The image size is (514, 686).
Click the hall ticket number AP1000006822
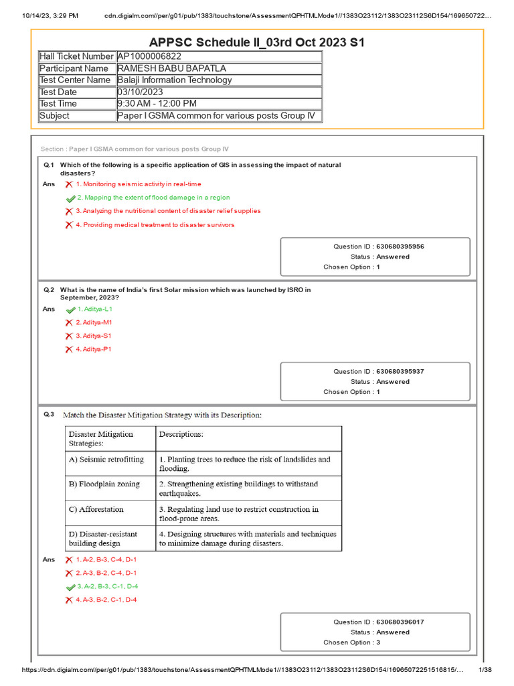pos(149,57)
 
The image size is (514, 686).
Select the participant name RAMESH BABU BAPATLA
pos(171,68)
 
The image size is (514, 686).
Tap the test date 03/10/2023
pos(141,92)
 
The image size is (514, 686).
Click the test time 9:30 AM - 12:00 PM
pos(157,103)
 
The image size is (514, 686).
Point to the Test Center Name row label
pos(75,80)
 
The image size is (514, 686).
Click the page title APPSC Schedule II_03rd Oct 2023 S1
pos(256,43)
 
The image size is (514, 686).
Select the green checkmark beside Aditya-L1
pos(70,310)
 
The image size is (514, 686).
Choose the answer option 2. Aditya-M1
pos(94,323)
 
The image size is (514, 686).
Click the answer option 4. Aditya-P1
pos(94,350)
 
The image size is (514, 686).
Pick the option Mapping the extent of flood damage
pos(153,198)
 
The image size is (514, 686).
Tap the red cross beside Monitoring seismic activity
pos(69,184)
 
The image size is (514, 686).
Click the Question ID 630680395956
pos(400,247)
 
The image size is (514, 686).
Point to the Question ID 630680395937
pos(400,372)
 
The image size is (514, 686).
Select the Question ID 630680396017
pos(400,622)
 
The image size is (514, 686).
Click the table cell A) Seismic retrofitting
pos(106,460)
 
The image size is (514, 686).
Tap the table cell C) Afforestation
pos(96,509)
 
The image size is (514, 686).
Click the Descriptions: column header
pos(181,434)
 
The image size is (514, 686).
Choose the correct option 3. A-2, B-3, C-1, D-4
pos(107,586)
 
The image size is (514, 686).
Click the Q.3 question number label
pos(48,415)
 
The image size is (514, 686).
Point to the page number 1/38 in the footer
pos(483,670)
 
